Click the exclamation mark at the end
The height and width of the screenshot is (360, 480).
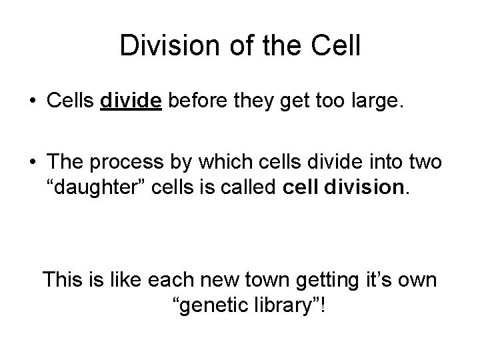pos(325,307)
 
